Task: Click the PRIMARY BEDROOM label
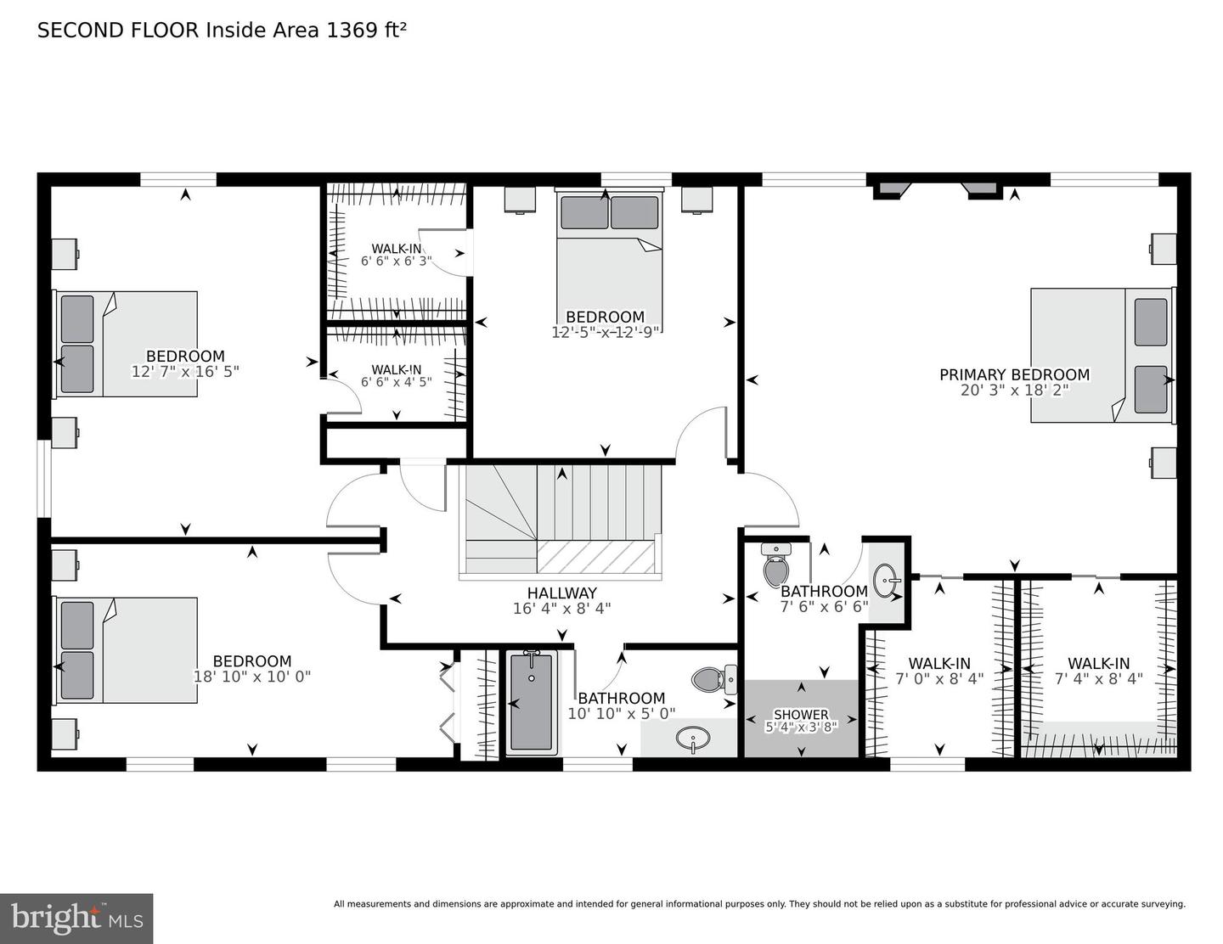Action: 1014,374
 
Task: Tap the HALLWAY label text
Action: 561,593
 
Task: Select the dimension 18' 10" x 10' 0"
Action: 252,677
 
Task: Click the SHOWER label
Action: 801,715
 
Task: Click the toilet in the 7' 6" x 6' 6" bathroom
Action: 776,565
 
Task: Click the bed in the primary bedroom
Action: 1102,355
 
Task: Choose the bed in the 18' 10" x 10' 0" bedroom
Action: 127,650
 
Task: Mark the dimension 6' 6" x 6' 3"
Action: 397,261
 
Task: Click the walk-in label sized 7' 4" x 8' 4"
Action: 1098,663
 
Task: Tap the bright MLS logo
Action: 76,919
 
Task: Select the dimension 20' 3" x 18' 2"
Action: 1014,391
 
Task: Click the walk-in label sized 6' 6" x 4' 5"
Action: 397,369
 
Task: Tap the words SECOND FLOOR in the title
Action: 118,31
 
